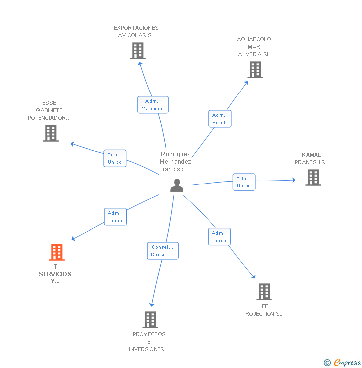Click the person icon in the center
177,185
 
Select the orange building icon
57,252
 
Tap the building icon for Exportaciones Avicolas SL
138,51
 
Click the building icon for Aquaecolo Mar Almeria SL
255,70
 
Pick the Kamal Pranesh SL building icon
313,178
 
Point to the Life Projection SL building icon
264,292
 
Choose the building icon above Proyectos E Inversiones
150,320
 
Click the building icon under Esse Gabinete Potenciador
51,133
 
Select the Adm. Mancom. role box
153,105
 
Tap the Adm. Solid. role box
220,119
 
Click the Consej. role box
163,251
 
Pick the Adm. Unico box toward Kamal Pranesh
244,182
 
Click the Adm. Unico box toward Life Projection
219,237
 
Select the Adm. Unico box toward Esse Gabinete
115,159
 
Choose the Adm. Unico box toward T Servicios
115,217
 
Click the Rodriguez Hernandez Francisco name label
175,162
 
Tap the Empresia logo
342,363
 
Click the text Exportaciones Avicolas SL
136,32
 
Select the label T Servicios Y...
55,274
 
